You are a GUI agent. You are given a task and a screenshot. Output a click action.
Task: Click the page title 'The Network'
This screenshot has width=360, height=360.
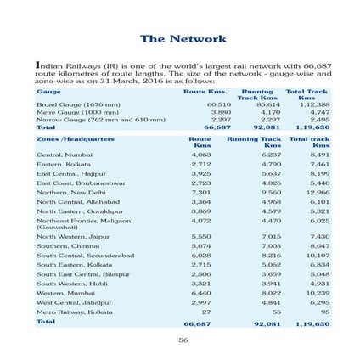(183, 38)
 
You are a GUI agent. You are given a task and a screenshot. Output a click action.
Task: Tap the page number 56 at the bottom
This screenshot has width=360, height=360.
(183, 340)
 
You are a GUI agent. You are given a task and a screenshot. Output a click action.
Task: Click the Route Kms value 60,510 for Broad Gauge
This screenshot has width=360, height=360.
(219, 104)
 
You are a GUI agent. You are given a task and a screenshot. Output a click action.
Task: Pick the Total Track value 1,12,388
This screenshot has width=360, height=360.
(315, 104)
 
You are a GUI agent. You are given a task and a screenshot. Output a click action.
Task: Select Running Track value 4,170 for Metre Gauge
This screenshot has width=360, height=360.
(269, 112)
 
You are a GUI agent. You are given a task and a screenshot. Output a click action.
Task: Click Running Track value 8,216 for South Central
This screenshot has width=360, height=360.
(269, 255)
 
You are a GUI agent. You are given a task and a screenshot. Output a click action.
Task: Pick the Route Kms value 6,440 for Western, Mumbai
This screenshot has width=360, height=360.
(200, 292)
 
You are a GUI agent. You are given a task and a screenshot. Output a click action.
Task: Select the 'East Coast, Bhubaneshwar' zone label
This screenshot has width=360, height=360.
(75, 183)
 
